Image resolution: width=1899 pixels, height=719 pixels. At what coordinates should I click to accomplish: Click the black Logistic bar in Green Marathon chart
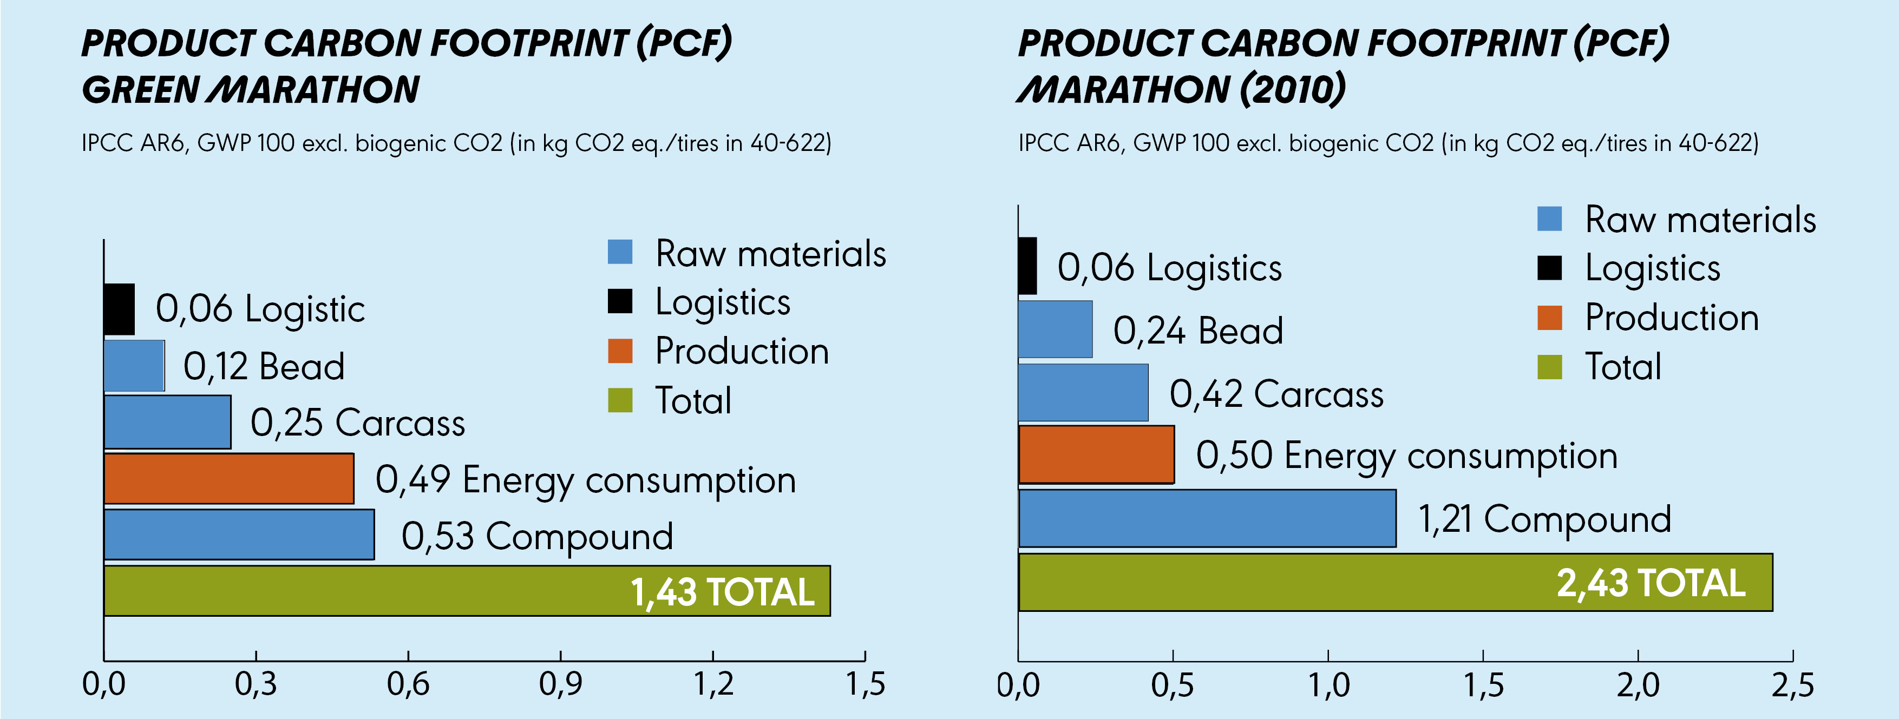click(119, 309)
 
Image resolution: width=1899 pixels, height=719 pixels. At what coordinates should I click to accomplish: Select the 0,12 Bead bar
click(133, 365)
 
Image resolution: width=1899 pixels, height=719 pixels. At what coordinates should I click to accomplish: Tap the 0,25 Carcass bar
click(167, 422)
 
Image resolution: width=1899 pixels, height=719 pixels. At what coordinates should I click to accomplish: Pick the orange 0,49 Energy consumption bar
click(228, 479)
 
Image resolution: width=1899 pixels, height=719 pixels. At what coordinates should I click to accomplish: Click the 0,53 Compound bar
click(239, 535)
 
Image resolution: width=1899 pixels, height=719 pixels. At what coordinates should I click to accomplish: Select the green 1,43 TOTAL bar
click(467, 591)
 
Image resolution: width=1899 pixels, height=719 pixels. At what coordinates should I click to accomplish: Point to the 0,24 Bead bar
click(1055, 329)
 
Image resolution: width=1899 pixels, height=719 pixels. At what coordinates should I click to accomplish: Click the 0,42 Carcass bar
click(1083, 393)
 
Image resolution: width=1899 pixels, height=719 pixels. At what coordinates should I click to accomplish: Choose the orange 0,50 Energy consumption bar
click(1096, 454)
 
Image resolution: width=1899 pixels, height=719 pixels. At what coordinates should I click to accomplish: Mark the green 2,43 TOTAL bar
click(1395, 582)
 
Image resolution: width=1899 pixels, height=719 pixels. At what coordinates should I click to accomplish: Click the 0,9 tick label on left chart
click(560, 684)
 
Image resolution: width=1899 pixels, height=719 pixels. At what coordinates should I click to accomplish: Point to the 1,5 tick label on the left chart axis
click(865, 684)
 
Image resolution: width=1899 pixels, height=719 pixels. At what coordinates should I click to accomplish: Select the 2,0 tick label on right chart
click(1638, 685)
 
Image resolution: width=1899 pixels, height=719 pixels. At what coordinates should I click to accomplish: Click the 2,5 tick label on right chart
click(1793, 685)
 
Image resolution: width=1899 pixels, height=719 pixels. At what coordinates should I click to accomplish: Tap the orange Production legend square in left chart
click(620, 351)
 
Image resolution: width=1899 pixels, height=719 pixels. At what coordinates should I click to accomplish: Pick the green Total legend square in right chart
click(1550, 367)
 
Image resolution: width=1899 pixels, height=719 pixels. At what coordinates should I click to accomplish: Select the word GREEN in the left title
click(141, 90)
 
